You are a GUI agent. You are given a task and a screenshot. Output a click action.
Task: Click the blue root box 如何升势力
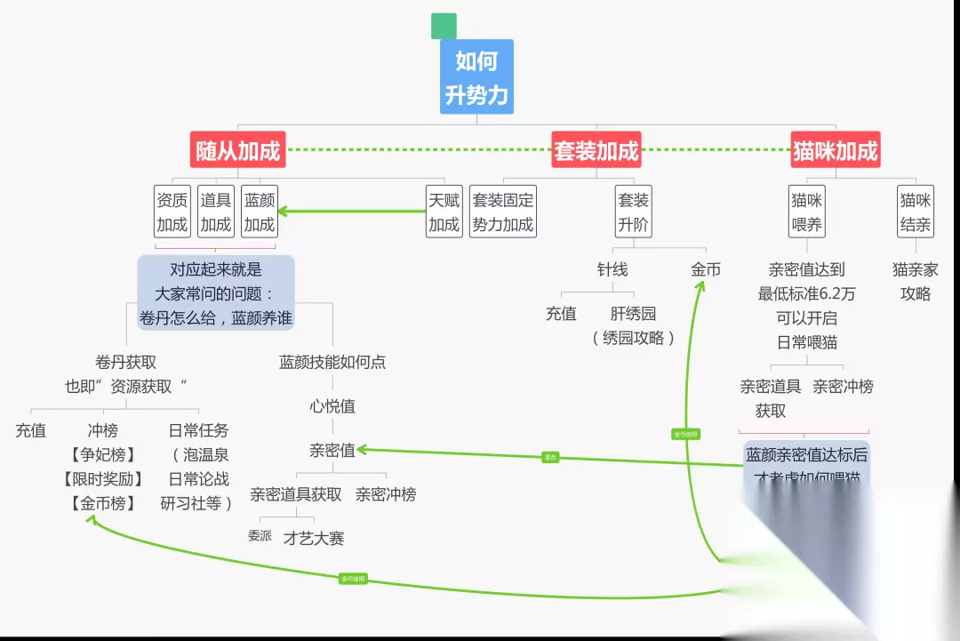[x=476, y=76]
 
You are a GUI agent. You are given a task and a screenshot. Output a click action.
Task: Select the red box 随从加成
[x=237, y=150]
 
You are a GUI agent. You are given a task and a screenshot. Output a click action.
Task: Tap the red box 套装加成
[x=596, y=150]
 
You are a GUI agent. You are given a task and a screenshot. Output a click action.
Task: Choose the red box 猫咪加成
[x=835, y=150]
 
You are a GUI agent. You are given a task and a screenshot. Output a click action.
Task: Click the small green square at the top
[x=443, y=26]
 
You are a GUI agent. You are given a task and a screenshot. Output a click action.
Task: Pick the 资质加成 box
[x=172, y=212]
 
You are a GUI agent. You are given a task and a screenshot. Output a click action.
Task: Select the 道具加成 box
[x=215, y=212]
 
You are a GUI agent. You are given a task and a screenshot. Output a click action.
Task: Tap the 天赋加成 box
[x=444, y=212]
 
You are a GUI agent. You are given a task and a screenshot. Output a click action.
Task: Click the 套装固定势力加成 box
[x=503, y=212]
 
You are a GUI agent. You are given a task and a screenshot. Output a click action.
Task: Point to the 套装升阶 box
[x=634, y=212]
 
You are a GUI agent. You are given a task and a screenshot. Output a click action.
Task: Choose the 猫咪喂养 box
[x=808, y=212]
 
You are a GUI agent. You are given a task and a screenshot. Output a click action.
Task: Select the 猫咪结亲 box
[x=916, y=212]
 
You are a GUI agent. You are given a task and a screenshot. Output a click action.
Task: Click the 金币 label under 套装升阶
[x=706, y=269]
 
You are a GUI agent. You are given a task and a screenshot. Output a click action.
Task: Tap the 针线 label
[x=612, y=269]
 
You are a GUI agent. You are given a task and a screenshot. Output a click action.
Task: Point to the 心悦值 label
[x=332, y=406]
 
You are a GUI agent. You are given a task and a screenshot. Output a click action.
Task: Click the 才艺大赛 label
[x=314, y=538]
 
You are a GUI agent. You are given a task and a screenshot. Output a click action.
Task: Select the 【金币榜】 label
[x=102, y=503]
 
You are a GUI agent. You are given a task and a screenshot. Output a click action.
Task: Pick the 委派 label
[x=260, y=536]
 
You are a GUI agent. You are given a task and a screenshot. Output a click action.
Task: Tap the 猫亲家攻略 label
[x=916, y=281]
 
